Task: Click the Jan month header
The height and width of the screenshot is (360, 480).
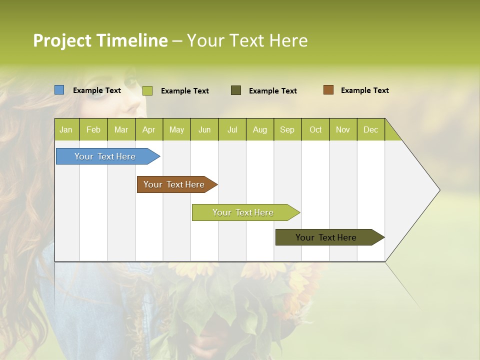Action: pos(66,129)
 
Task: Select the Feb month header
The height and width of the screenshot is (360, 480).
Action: pos(93,129)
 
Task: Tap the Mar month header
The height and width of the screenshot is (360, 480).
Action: pos(121,129)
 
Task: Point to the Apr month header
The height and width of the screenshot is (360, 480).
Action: pos(148,129)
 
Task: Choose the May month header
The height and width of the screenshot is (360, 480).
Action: pos(176,129)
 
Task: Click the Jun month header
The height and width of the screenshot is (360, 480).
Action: pos(204,129)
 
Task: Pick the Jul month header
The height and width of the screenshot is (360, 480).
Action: pos(232,129)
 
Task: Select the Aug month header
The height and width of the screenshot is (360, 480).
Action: pos(259,129)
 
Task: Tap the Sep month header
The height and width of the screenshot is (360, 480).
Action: pos(287,129)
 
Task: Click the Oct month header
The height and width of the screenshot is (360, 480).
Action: pos(315,129)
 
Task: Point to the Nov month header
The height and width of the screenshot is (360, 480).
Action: pos(342,129)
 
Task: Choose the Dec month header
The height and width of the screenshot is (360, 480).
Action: pos(370,129)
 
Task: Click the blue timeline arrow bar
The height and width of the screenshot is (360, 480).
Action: pos(105,156)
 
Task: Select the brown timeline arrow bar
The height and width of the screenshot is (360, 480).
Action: pos(174,184)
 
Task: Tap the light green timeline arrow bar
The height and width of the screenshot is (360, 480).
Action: pos(243,212)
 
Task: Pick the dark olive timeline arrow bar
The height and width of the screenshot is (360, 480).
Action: pos(326,237)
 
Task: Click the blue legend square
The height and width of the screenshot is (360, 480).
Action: pos(59,90)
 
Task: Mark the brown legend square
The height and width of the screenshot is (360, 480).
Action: pos(328,90)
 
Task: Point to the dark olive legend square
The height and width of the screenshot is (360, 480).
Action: pos(236,90)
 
